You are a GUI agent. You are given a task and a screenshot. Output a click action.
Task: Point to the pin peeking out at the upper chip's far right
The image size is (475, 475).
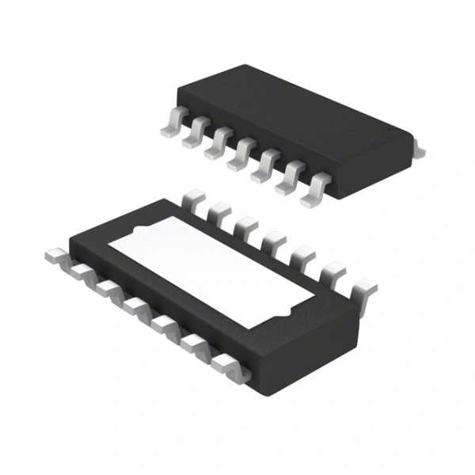click(x=420, y=150)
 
